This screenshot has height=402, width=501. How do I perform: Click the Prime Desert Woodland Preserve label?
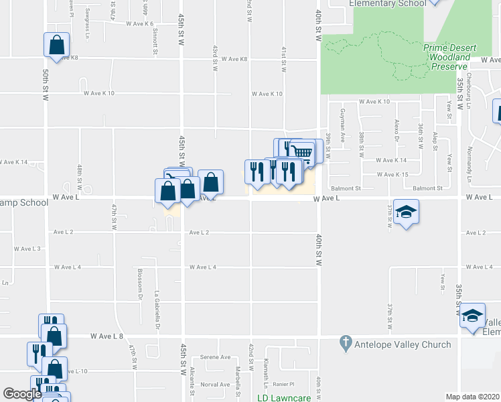449,57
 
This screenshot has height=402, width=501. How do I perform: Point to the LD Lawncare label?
284,398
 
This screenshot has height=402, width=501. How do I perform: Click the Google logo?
22,394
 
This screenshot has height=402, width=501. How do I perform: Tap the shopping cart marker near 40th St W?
303,151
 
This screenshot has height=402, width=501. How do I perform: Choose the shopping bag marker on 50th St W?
57,45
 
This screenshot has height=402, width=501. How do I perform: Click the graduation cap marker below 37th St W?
405,212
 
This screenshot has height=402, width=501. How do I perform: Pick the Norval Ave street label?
215,385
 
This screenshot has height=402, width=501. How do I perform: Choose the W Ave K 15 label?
392,174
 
